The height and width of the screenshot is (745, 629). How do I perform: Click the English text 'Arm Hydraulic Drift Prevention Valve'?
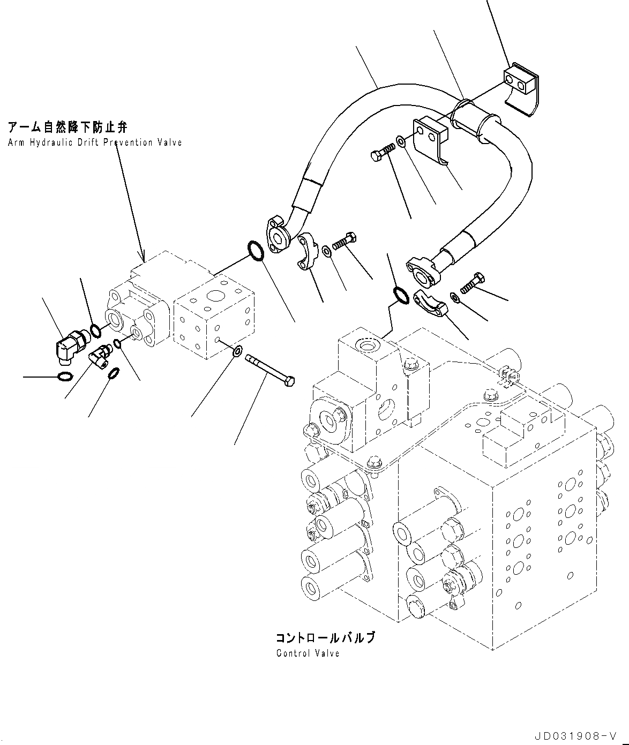coord(95,142)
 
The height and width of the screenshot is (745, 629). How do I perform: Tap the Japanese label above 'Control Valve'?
coord(325,638)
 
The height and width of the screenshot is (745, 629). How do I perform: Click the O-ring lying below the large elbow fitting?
coord(64,377)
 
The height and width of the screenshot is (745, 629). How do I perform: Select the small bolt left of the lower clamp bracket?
coord(381,154)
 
